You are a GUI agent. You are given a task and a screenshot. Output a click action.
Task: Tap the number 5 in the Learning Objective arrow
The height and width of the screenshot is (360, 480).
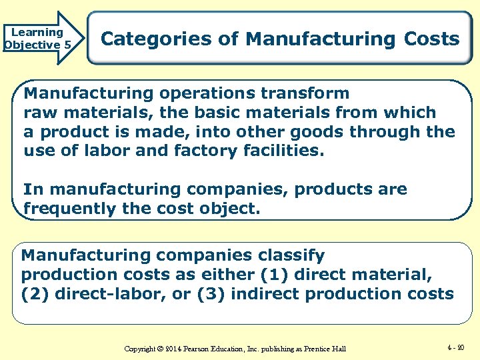[67, 45]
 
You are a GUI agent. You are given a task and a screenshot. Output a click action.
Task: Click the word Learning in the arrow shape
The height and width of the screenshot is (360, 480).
[37, 32]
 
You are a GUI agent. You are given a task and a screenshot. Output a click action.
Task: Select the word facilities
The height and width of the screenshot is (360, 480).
[283, 151]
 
